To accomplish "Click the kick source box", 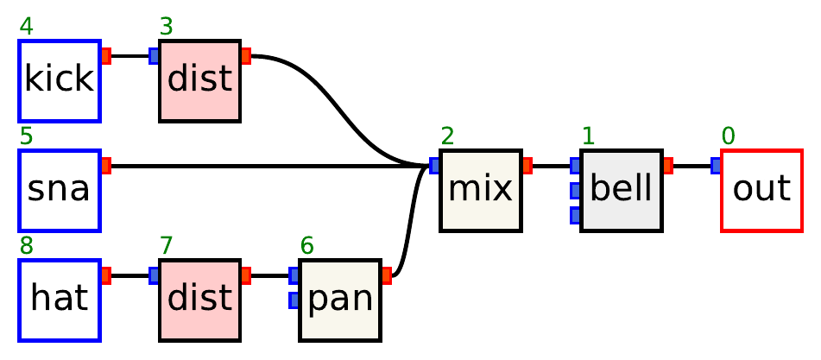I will click(x=60, y=80).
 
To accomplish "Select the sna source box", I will click(x=60, y=190).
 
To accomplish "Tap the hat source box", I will click(x=60, y=300).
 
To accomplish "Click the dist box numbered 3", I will click(x=199, y=80).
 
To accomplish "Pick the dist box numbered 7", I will click(x=199, y=300).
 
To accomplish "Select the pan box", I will click(x=339, y=300).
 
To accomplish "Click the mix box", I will click(x=480, y=190).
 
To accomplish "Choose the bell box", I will click(x=621, y=190).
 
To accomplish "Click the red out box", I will click(x=761, y=190).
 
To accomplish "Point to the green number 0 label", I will click(x=729, y=136).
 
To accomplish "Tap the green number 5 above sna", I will click(x=27, y=136).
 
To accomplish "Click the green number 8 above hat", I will click(x=27, y=246).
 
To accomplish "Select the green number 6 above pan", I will click(x=307, y=246).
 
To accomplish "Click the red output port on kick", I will click(x=106, y=56).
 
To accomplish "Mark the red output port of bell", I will click(x=667, y=166).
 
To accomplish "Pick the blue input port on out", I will click(x=716, y=166).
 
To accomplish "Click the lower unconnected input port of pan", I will click(x=294, y=300).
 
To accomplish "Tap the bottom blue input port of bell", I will click(x=575, y=215).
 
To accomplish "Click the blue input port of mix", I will click(x=434, y=166).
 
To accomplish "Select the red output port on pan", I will click(x=386, y=275).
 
